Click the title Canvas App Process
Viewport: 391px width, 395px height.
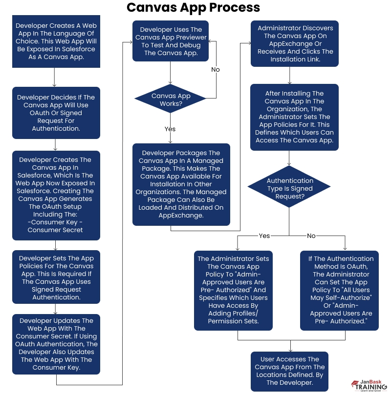193,8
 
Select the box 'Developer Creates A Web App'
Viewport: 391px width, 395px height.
56,41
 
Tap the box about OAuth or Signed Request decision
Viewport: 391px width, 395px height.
56,113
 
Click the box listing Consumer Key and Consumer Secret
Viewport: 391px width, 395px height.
56,195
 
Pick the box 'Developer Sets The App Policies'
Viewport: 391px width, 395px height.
56,277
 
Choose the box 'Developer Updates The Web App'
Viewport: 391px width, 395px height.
56,344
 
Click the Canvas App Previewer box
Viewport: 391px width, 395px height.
171,41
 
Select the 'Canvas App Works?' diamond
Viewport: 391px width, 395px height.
171,99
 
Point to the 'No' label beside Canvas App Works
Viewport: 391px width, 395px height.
216,70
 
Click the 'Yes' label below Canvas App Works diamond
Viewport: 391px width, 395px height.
170,129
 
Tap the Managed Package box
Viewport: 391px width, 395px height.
181,184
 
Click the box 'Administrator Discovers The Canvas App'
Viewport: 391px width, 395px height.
295,43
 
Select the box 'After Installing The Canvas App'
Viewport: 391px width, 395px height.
295,117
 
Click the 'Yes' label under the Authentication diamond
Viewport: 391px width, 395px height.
264,236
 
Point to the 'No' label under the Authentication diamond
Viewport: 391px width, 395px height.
311,236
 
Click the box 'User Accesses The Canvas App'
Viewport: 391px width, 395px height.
290,371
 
